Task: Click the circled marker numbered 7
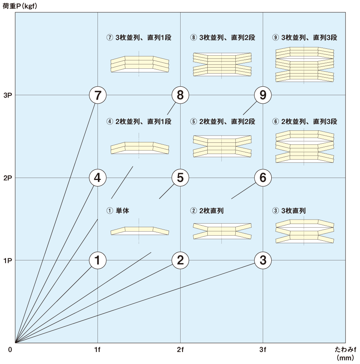(97, 95)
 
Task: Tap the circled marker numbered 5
(180, 178)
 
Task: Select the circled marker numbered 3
(263, 260)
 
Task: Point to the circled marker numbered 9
(263, 95)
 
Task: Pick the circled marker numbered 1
(97, 260)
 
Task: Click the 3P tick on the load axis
(8, 95)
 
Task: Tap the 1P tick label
(8, 260)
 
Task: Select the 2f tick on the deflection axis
(180, 349)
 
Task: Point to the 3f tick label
(263, 349)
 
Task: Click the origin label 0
(10, 350)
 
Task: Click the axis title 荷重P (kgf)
(20, 6)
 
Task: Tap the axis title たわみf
(345, 349)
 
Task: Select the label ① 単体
(118, 210)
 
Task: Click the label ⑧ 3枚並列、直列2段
(223, 37)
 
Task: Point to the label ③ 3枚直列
(289, 210)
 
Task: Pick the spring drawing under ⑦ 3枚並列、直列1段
(139, 64)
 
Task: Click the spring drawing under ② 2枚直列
(222, 231)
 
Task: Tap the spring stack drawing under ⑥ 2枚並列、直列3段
(304, 146)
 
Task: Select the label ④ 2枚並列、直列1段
(139, 122)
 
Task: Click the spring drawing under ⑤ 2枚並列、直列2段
(222, 146)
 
